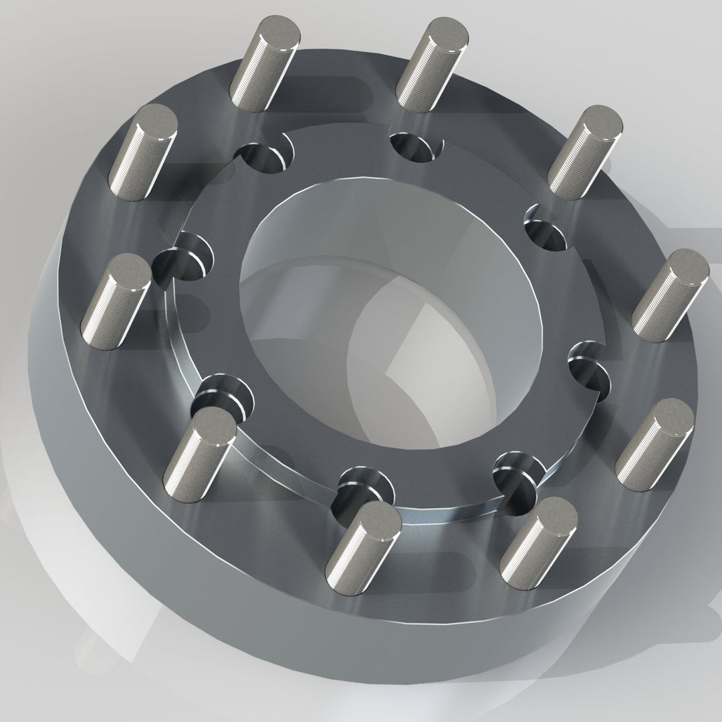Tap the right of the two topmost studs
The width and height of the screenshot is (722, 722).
point(431,63)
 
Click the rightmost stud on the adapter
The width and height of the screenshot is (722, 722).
point(670,295)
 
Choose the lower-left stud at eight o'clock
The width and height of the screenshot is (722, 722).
point(200,455)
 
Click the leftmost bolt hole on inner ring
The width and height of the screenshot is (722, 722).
point(184,257)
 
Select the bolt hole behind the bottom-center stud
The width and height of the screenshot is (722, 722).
point(364,485)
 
